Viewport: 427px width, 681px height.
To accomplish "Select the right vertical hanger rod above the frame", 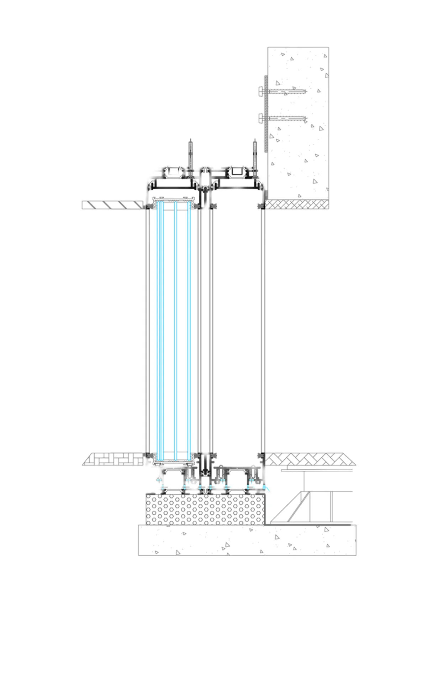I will pyautogui.click(x=255, y=153).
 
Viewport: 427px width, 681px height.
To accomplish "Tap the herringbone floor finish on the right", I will pyautogui.click(x=310, y=459).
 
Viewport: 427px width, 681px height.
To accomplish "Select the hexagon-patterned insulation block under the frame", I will pyautogui.click(x=205, y=509).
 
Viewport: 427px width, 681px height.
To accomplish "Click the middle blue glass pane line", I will pyautogui.click(x=175, y=328).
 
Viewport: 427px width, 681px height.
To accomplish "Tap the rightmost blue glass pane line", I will pyautogui.click(x=189, y=328).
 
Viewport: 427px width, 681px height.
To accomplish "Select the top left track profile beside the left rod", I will pyautogui.click(x=173, y=173).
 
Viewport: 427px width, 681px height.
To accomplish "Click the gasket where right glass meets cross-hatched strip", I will pyautogui.click(x=262, y=206).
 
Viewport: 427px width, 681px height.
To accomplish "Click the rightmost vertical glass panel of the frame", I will pyautogui.click(x=263, y=328).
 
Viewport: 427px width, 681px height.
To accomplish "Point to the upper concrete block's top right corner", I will pyautogui.click(x=328, y=48).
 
